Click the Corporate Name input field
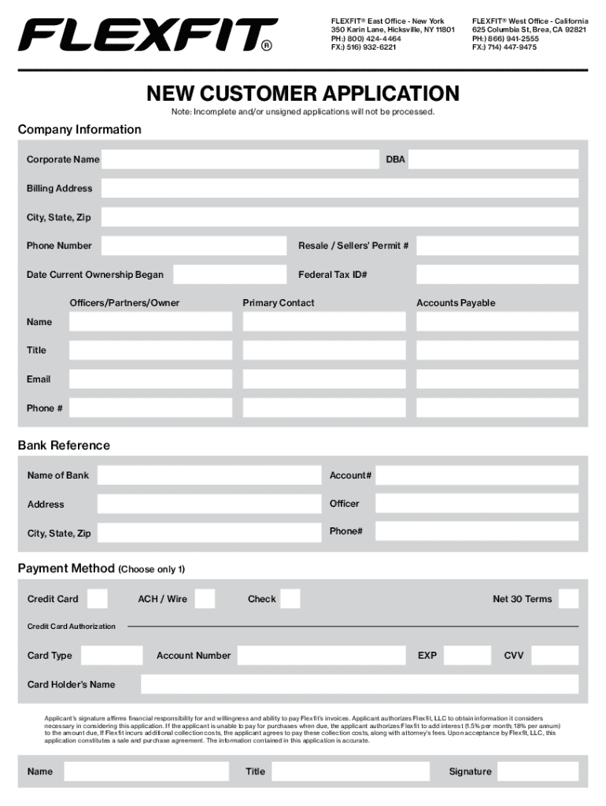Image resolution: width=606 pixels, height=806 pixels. (x=240, y=160)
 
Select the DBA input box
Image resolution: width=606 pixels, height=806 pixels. (x=493, y=160)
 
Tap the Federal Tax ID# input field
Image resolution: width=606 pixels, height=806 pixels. (x=497, y=275)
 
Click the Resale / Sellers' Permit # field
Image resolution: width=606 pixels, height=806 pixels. (x=497, y=246)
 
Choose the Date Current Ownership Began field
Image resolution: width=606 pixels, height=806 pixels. (x=230, y=275)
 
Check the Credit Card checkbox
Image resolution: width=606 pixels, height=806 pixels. (x=98, y=599)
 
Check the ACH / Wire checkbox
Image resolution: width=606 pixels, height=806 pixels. (x=205, y=599)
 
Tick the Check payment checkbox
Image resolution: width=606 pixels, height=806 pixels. (x=290, y=599)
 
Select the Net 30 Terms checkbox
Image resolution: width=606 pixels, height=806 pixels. (x=568, y=599)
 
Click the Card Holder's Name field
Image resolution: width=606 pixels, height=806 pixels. (x=360, y=685)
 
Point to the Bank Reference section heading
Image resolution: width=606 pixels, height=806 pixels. (x=64, y=446)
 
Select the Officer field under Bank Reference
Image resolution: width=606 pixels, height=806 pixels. (x=476, y=504)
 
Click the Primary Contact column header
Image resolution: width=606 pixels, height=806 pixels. (x=279, y=303)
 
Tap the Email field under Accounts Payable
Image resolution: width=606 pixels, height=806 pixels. (x=497, y=379)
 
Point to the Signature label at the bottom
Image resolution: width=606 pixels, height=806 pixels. (x=470, y=771)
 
